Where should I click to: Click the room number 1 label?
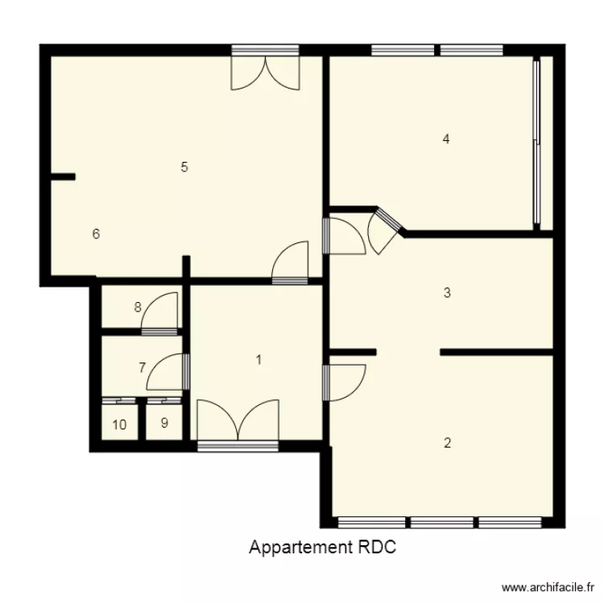coord(259,360)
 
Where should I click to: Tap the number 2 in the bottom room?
coord(448,442)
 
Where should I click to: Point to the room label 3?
coord(447,293)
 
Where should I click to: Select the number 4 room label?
coord(446,139)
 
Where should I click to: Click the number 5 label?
coord(184,168)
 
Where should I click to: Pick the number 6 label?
coord(96,234)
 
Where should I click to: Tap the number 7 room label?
coord(142,368)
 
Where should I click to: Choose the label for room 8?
coord(138,307)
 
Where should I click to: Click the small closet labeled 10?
coord(119,424)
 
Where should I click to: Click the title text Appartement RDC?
coord(323,548)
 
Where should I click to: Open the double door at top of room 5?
coord(265,71)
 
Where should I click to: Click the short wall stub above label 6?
coord(63,176)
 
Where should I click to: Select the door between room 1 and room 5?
coord(291,262)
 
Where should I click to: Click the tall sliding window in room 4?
coord(537,142)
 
